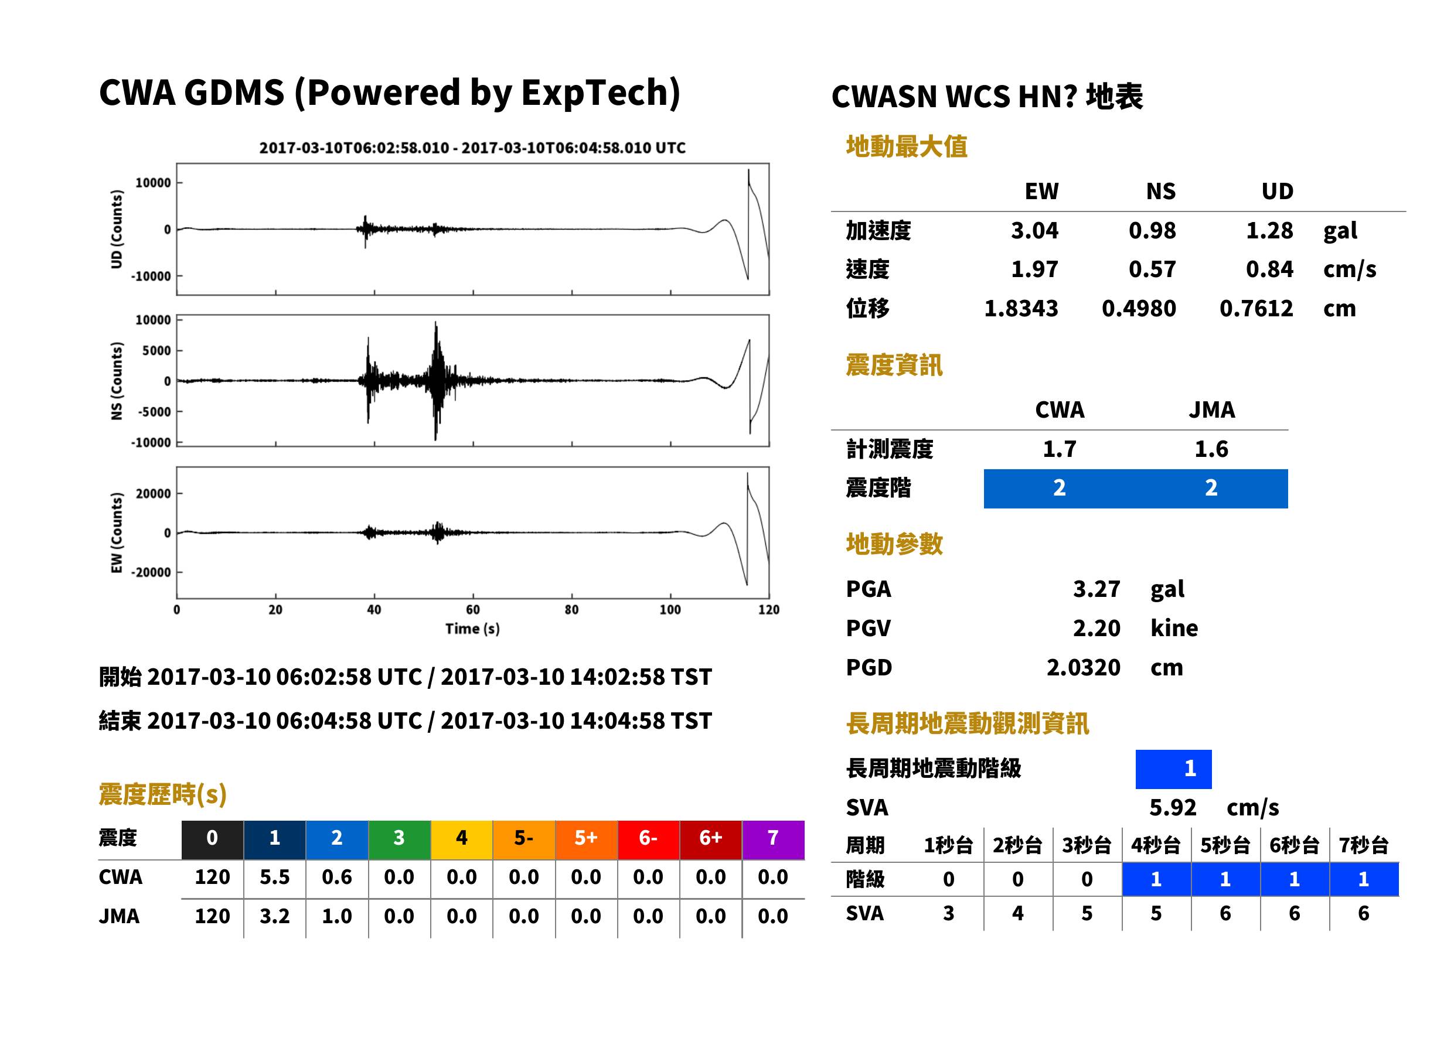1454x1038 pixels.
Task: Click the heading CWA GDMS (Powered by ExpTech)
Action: (389, 93)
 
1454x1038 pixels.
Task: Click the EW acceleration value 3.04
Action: (1034, 230)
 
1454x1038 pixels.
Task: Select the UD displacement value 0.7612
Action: (1256, 309)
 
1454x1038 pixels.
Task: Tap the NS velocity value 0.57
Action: (1152, 269)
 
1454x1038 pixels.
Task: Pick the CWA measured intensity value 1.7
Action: (1060, 449)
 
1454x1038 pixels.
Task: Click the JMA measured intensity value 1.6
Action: (1211, 449)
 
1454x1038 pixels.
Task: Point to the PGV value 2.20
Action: (1097, 629)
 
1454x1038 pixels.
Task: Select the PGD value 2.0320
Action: (1083, 667)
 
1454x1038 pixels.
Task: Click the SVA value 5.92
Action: (1173, 807)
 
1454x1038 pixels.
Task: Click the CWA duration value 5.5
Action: (274, 877)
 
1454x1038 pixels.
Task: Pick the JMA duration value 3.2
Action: (274, 916)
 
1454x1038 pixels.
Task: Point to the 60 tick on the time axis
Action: (472, 610)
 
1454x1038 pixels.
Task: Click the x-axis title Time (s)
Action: (472, 629)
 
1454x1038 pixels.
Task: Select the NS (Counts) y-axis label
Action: (117, 381)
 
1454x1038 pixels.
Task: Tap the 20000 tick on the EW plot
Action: (154, 493)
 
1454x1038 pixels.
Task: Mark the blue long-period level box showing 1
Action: (1173, 769)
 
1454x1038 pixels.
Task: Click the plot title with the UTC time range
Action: (472, 148)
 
